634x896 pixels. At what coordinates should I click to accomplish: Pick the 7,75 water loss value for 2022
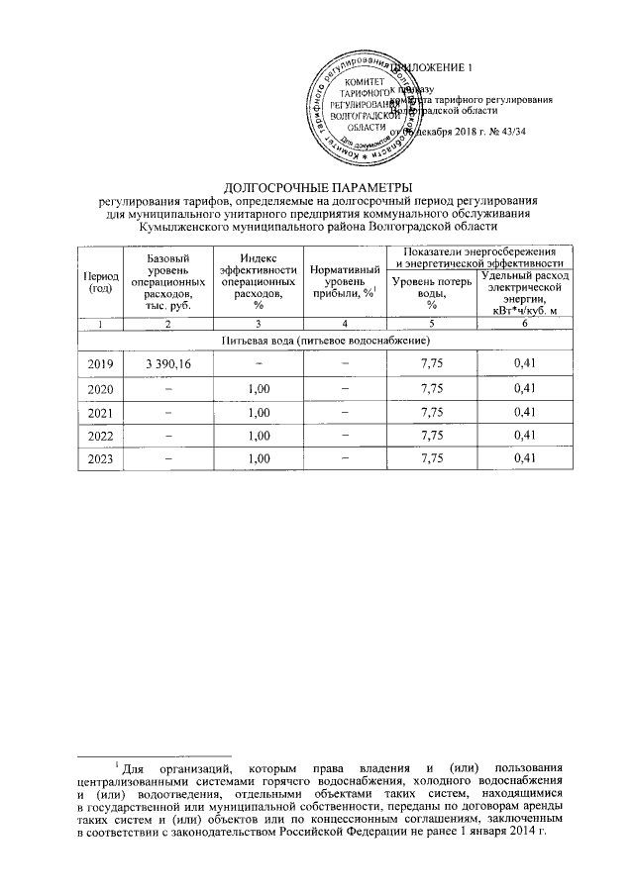point(429,435)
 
